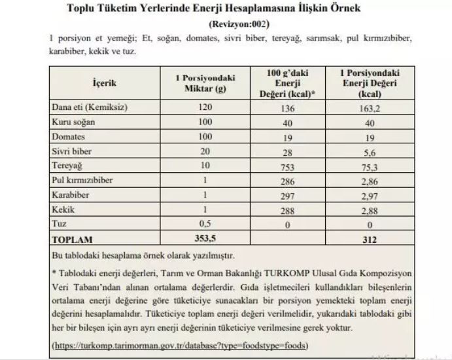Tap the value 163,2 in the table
[x=371, y=108]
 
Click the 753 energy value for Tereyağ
[x=284, y=167]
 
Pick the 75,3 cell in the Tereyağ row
[x=371, y=167]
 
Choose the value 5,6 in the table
[x=371, y=152]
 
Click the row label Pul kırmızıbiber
[x=82, y=181]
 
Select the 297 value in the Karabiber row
[x=284, y=196]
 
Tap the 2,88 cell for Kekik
[x=371, y=211]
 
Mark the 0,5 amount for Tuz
[x=205, y=225]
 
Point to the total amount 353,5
[x=205, y=240]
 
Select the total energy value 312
[x=371, y=240]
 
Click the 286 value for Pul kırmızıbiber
[x=284, y=181]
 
